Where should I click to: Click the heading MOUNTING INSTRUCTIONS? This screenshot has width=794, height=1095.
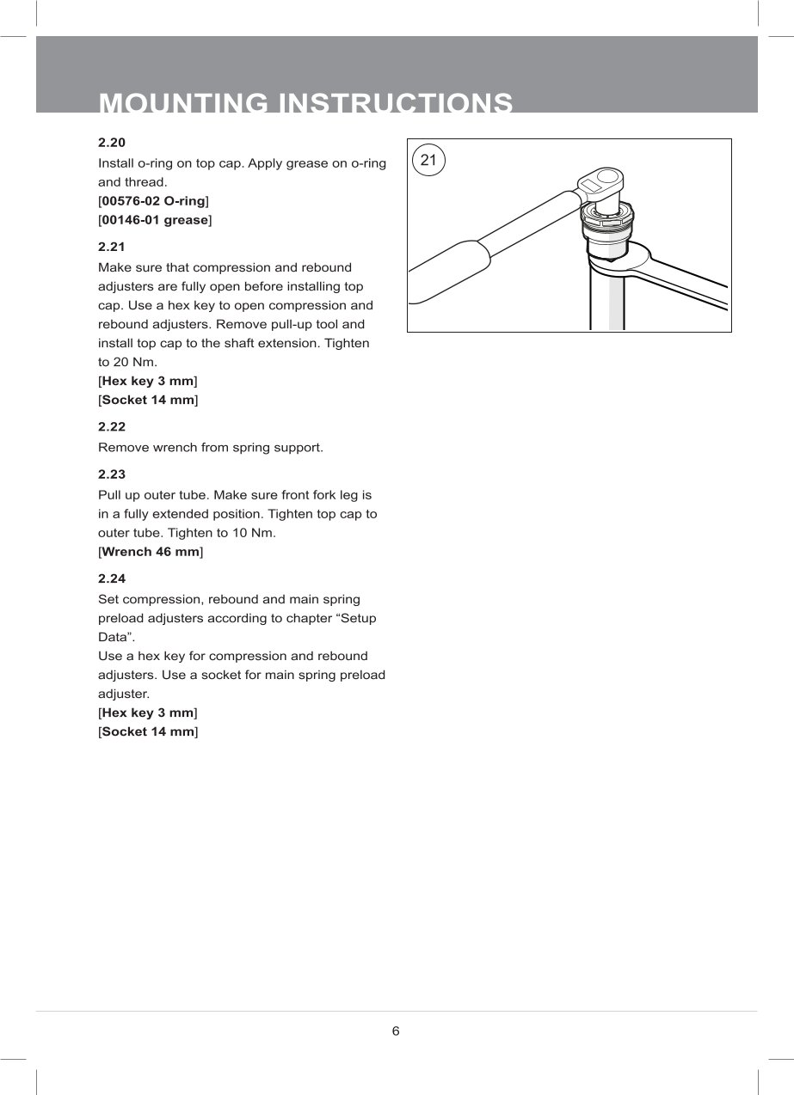[x=306, y=103]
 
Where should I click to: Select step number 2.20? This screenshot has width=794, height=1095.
[x=113, y=142]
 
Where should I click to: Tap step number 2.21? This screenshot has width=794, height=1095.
[x=113, y=247]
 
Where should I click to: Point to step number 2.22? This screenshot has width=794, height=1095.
[x=113, y=426]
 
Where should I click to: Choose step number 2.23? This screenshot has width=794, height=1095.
[x=113, y=474]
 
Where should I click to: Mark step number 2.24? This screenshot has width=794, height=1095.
[x=113, y=578]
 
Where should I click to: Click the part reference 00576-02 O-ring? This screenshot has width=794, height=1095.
[x=154, y=201]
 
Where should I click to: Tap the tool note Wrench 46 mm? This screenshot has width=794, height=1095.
[x=151, y=552]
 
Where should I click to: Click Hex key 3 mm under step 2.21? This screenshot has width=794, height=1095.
[x=148, y=381]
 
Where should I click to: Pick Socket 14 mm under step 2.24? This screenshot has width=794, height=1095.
[x=148, y=731]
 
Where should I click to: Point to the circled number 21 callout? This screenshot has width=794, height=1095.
[x=429, y=161]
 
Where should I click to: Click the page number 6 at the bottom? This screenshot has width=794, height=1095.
[x=396, y=1031]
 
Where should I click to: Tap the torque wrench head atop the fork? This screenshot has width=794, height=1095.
[x=600, y=183]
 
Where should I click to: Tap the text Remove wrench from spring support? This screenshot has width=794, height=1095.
[x=211, y=448]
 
